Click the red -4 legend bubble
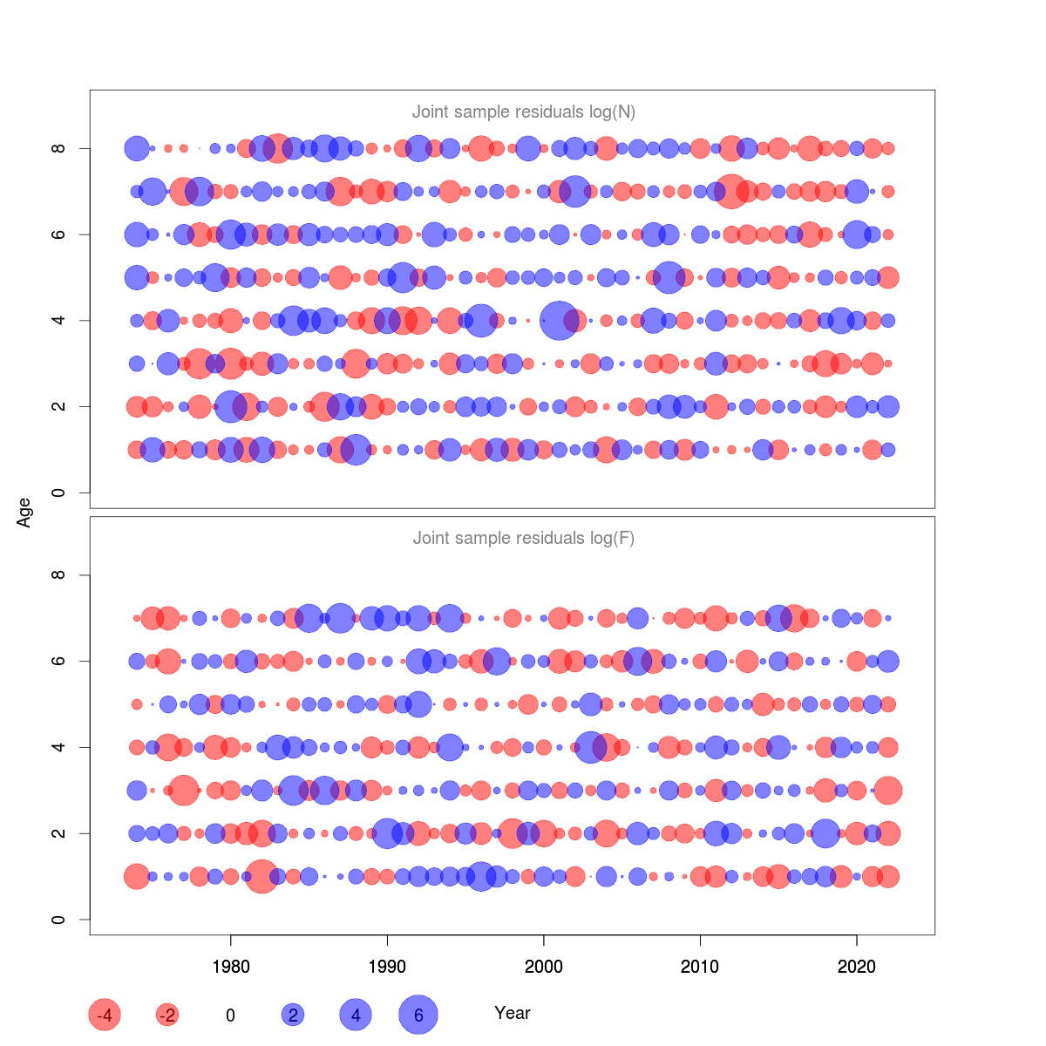pos(105,1015)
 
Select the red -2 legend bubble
pos(167,1015)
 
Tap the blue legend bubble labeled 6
pos(418,1015)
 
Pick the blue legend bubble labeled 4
pos(356,1015)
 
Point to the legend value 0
pos(230,1015)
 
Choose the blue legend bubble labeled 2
pos(293,1015)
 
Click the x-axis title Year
pos(513,1013)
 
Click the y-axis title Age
pos(24,513)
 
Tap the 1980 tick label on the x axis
pos(230,967)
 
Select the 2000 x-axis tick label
pos(544,967)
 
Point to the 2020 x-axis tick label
pos(857,967)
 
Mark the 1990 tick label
pos(387,967)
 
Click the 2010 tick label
pos(700,967)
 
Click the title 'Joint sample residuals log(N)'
pos(524,112)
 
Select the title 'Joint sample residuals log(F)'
pos(524,538)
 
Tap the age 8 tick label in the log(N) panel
pos(58,149)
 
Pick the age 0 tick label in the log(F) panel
pos(58,920)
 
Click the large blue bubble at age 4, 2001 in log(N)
pos(559,321)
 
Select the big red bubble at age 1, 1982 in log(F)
pos(261,876)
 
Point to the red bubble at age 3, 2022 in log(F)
pos(888,791)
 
